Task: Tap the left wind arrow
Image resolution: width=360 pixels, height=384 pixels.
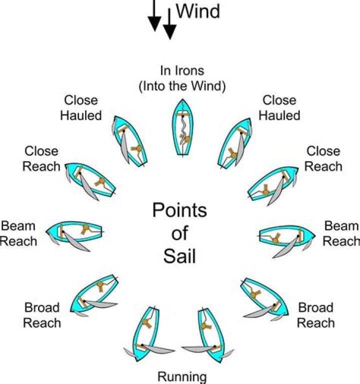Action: pos(154,15)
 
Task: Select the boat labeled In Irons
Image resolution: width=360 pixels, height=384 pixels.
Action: pos(183,128)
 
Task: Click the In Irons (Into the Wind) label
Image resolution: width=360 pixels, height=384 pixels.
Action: pos(182,78)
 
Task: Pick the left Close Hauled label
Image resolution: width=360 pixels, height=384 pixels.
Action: pos(81,108)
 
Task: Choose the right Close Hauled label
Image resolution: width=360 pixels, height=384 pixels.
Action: pos(279,108)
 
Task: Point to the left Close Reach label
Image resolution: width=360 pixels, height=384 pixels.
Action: pos(41,158)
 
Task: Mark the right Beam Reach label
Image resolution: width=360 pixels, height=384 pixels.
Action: pos(340,233)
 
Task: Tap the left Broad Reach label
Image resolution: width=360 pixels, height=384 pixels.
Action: pos(42,315)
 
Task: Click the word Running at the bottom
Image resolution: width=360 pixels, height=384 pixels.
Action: pos(182,376)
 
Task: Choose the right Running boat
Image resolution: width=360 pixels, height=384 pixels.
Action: pos(211,332)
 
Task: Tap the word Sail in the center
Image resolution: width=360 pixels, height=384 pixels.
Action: pos(179,256)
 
